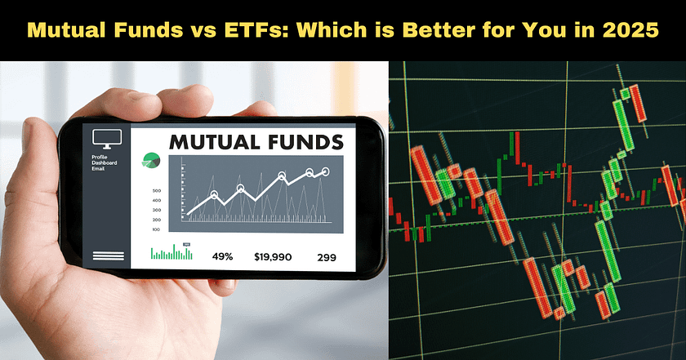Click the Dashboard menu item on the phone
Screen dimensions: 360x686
coord(105,164)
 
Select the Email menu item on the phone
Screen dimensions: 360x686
coord(99,171)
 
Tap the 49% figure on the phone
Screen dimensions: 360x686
coord(222,256)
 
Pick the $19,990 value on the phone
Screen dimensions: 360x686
coord(272,256)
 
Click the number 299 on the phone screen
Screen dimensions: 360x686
coord(327,256)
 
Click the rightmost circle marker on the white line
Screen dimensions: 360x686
coord(325,171)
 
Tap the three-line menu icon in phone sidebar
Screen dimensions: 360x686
coord(105,257)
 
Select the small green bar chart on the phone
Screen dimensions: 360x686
coord(171,254)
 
